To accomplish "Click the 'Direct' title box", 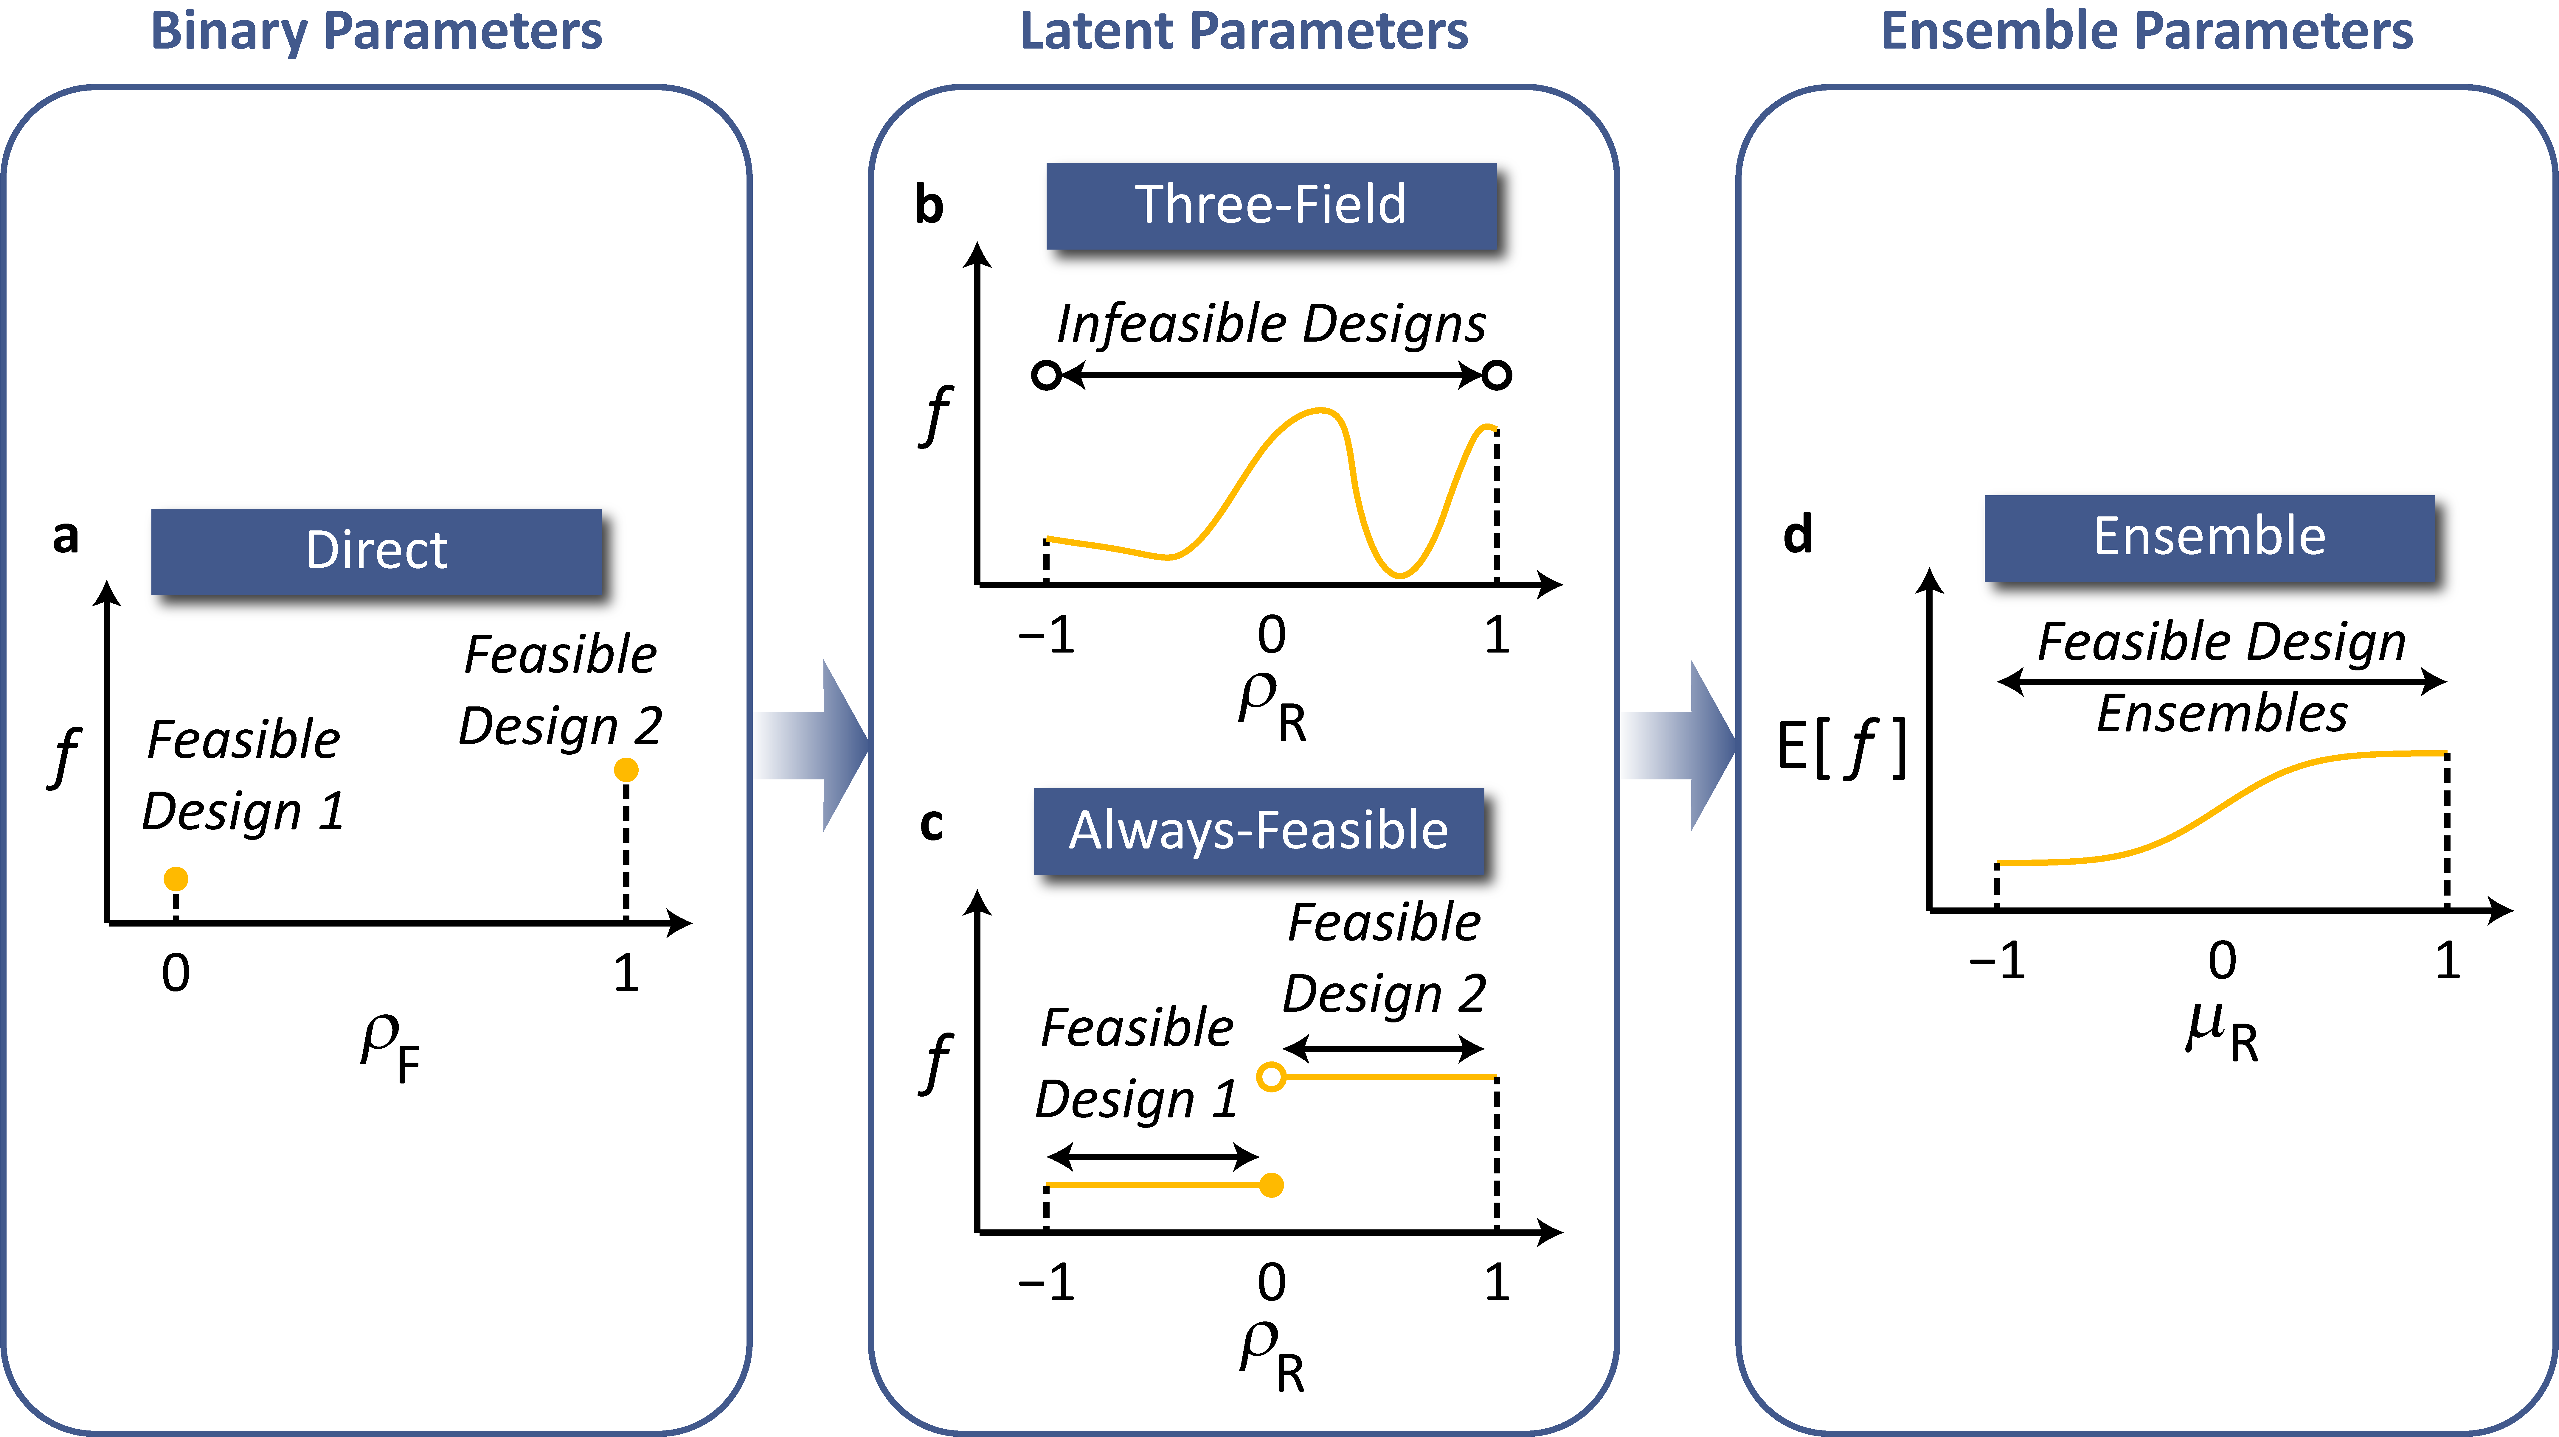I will coord(376,551).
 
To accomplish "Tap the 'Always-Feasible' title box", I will coord(1258,831).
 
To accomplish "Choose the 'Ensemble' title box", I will coord(2209,537).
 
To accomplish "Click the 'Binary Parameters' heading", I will coord(376,31).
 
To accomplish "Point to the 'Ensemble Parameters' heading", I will coord(2147,31).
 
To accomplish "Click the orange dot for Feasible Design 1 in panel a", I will coord(176,879).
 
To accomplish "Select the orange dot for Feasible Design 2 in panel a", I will coord(626,770).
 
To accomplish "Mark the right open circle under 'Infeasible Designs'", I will coord(1497,375).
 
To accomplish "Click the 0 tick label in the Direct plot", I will coord(176,973).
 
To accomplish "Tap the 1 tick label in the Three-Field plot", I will coord(1497,636).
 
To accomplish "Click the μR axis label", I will coord(2222,1033).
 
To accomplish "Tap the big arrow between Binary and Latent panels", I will coord(814,745).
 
